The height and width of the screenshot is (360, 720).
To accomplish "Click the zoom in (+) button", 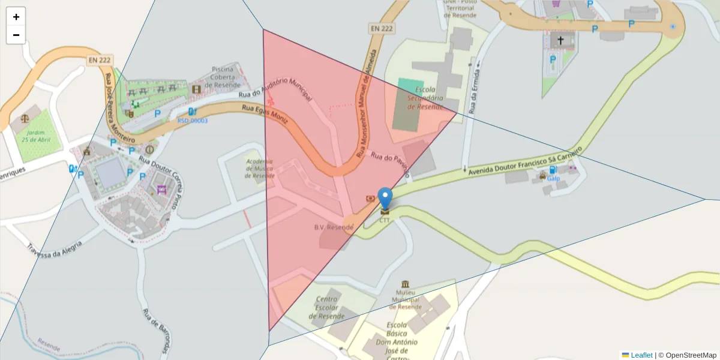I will coord(16,17).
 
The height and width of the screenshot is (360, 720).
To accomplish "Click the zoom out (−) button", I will coord(16,35).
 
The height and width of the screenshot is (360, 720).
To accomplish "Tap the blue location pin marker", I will coord(385,199).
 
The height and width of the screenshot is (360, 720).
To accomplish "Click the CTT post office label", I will coord(385,220).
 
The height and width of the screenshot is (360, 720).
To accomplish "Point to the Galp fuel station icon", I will coord(552,170).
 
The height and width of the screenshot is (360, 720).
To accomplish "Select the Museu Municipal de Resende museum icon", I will coord(406,283).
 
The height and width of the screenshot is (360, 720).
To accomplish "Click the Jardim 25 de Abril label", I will coord(35,136).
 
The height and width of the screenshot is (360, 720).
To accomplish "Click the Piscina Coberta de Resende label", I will coord(225,77).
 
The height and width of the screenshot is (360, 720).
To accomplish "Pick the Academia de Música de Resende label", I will coord(260,169).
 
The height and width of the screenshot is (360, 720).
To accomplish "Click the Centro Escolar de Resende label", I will coord(327,308).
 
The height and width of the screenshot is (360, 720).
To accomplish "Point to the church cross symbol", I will coord(560,40).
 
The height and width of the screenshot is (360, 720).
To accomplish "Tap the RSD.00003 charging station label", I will coord(192,121).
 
